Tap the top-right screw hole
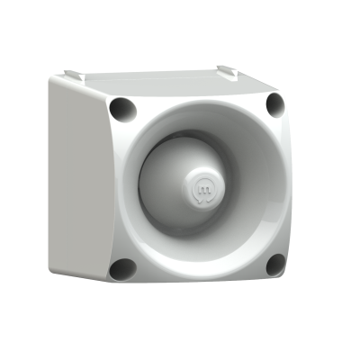(274, 104)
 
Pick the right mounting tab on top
(227, 70)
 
